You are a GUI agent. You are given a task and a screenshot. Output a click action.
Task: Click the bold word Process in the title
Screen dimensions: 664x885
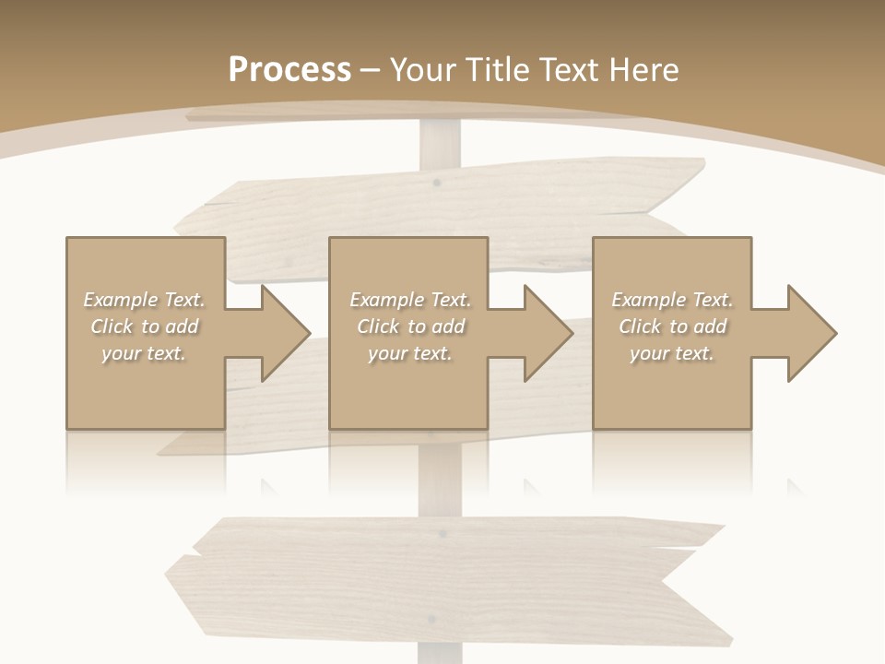point(289,70)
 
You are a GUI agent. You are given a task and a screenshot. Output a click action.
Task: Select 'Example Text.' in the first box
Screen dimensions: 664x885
point(144,300)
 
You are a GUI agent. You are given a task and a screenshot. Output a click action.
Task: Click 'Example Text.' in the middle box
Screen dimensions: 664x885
point(409,300)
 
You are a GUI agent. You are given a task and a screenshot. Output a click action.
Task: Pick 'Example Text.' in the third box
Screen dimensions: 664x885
point(672,300)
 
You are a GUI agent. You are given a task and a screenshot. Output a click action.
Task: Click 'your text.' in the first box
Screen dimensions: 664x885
point(144,353)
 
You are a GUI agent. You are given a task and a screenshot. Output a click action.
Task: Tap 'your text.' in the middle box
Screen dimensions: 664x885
point(409,353)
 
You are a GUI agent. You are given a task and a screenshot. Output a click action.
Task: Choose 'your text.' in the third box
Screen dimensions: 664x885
point(672,353)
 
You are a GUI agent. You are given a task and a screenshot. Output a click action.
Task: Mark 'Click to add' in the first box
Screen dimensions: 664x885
point(144,326)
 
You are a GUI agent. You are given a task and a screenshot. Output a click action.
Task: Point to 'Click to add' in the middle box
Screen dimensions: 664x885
point(409,326)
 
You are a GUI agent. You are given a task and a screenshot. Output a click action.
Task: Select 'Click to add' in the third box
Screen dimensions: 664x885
point(672,326)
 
